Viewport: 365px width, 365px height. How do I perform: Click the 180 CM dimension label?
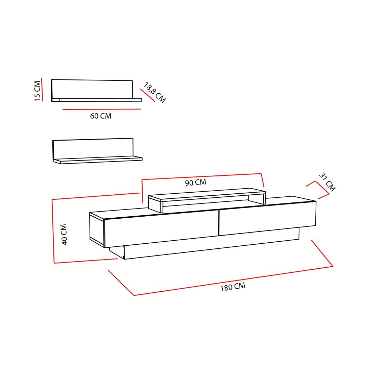click(x=233, y=287)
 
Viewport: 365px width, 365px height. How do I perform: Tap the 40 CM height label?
click(x=64, y=235)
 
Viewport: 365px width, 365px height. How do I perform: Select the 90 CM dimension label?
click(x=196, y=182)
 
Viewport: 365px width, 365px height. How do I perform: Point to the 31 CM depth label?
click(x=327, y=182)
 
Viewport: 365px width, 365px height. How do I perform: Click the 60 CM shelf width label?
click(x=101, y=116)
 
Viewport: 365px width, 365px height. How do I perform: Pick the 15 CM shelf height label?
click(x=37, y=91)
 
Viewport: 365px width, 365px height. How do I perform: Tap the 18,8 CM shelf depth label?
click(x=154, y=92)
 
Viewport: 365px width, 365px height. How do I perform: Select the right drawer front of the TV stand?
click(x=267, y=218)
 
